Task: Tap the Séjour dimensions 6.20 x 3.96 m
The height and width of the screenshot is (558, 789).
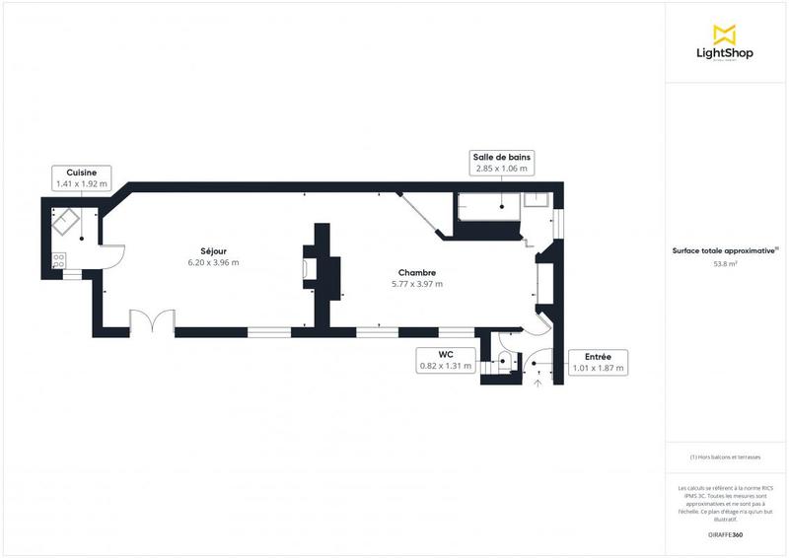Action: coord(213,263)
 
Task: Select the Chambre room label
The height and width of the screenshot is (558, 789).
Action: coord(417,272)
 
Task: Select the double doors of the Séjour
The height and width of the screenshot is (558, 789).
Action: coord(152,323)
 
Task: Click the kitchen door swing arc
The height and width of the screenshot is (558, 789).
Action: coord(114,255)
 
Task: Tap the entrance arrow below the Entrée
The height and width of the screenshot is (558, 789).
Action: coord(538,382)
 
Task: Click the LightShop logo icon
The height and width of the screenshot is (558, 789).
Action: coord(726,34)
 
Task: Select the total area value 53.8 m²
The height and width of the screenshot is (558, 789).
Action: coord(726,264)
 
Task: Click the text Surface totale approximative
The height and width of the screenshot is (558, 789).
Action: coord(724,250)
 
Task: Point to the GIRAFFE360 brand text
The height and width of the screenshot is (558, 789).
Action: coord(726,534)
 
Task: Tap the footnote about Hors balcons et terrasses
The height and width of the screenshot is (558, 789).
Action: coord(725,456)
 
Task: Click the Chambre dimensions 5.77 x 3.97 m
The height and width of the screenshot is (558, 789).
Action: coord(417,284)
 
